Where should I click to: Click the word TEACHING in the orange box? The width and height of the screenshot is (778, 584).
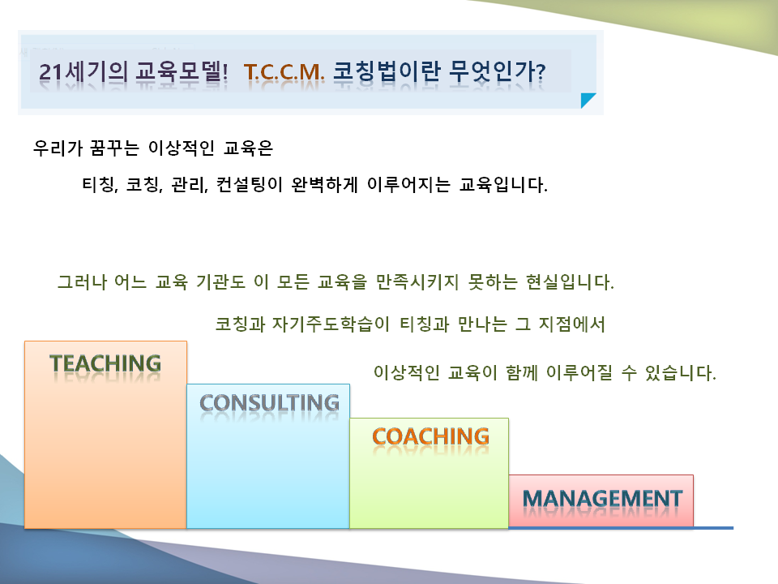point(105,363)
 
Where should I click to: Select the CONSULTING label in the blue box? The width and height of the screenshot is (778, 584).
point(269,403)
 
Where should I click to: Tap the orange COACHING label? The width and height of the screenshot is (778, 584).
point(430,436)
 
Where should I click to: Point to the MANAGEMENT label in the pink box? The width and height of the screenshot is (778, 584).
point(602,499)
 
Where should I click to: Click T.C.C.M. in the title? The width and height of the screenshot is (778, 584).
point(284,72)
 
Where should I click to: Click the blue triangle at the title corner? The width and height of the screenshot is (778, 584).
point(587,99)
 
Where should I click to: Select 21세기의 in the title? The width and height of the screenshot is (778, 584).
point(83,72)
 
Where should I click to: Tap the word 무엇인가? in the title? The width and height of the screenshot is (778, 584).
point(497,72)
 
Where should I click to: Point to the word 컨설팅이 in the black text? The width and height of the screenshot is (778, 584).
point(249,185)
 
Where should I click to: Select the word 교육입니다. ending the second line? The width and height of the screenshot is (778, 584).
point(503,185)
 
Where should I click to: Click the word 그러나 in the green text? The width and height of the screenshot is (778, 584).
point(82,282)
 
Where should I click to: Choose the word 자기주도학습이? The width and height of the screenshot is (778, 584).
point(331,324)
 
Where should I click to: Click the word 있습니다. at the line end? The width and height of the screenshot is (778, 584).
point(680,372)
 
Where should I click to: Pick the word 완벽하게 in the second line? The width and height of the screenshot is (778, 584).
point(324,185)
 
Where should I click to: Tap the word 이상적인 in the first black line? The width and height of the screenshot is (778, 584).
point(182,148)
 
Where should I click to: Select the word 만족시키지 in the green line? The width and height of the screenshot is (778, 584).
point(417,282)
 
